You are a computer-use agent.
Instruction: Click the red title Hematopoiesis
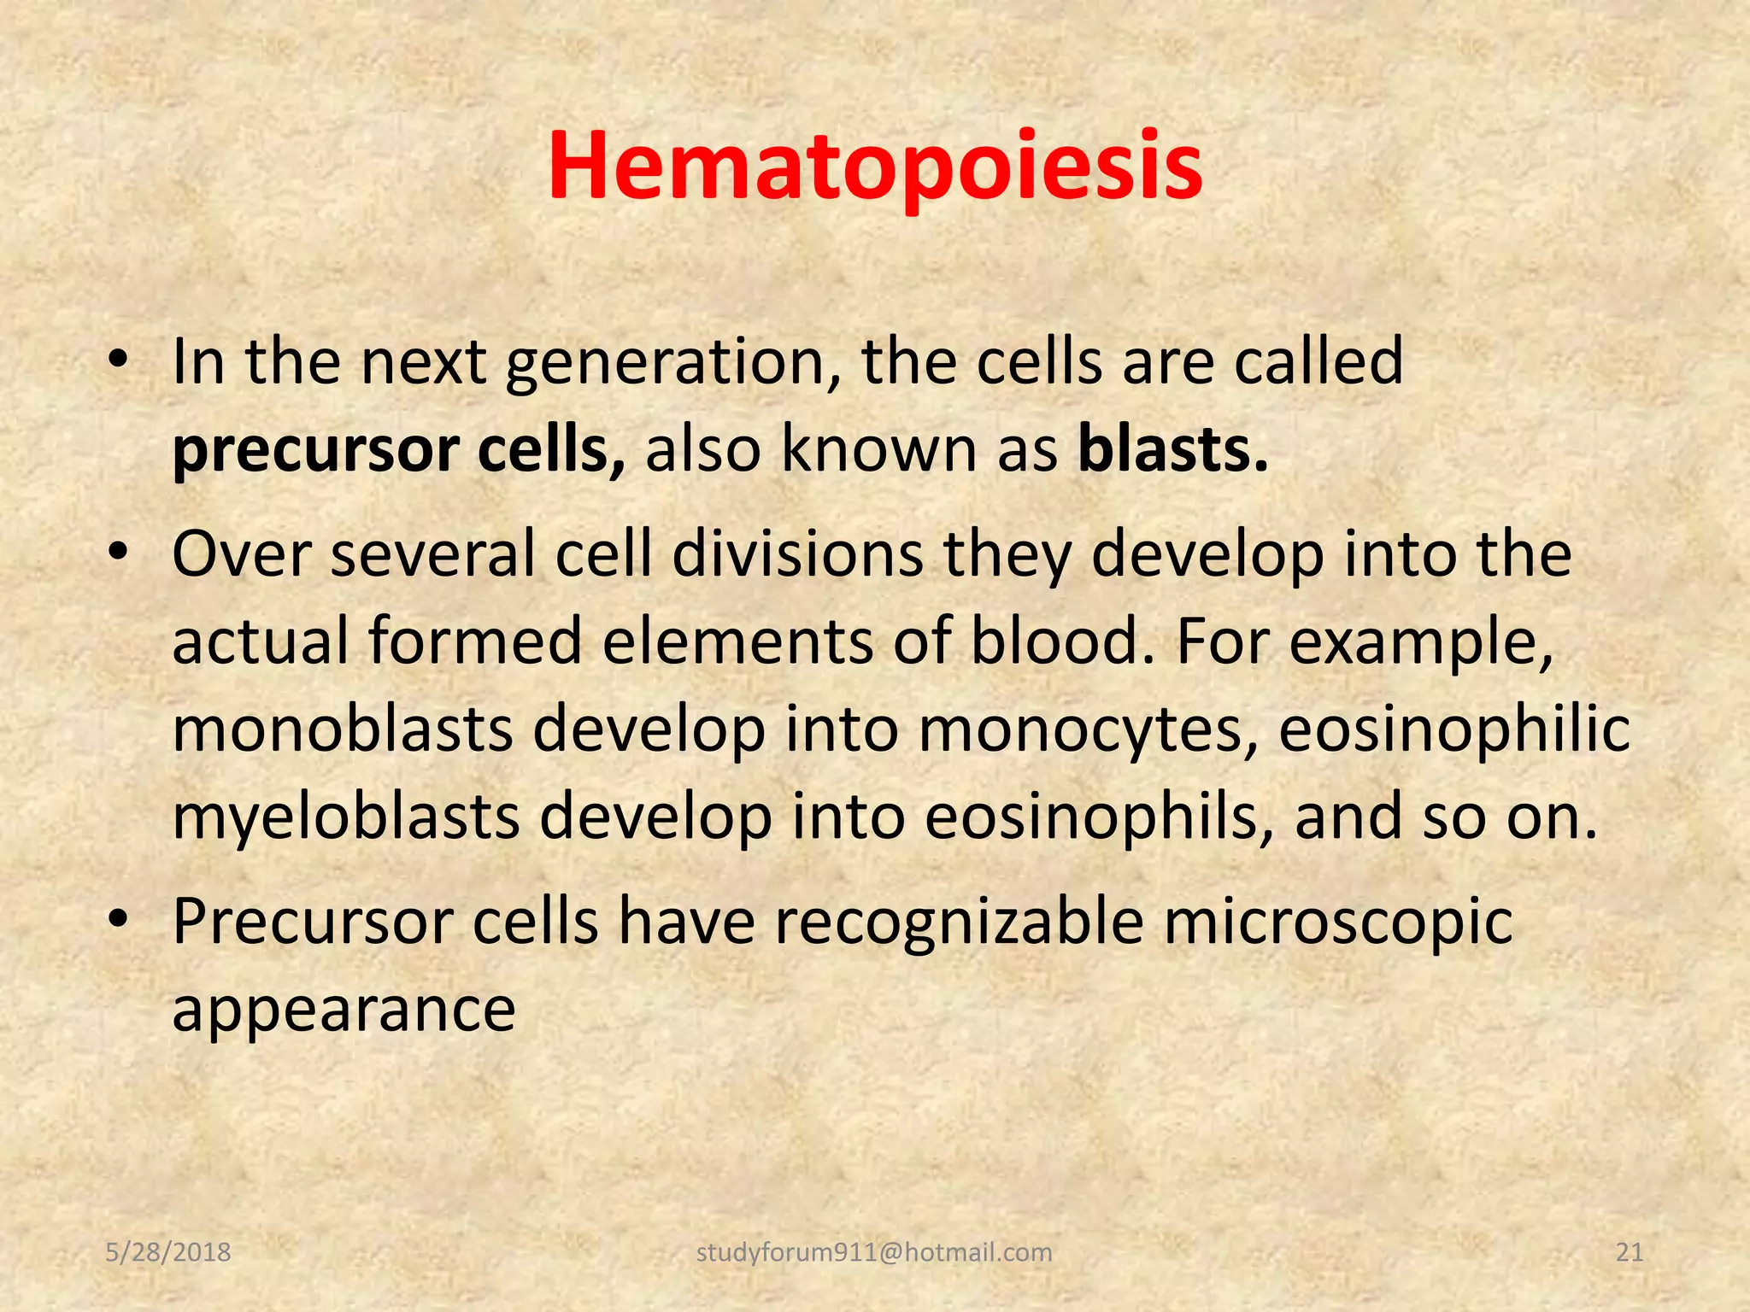pos(875,167)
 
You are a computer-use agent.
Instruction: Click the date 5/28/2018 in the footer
pos(168,1252)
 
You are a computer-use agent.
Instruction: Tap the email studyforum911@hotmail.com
pos(874,1252)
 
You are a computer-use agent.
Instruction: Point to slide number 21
pos(1630,1252)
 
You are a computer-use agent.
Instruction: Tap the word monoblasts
pos(343,729)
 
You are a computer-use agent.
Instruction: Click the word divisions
pos(798,555)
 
